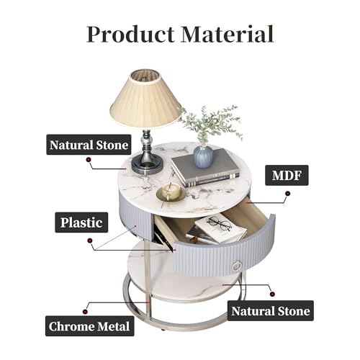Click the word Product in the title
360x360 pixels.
click(130, 35)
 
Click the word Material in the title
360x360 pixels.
click(228, 34)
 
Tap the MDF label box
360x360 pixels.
click(287, 175)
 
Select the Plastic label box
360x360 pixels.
click(81, 222)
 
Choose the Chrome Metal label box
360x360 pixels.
click(89, 326)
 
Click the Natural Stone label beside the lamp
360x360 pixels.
click(89, 145)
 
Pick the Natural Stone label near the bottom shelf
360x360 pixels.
click(271, 311)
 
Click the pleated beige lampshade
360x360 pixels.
click(145, 99)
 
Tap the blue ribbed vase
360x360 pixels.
click(203, 156)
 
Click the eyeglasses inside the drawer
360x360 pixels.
click(219, 222)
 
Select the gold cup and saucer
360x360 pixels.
click(171, 192)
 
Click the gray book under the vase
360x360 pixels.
click(205, 168)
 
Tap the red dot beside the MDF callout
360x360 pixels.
click(287, 194)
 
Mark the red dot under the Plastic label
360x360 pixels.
click(90, 240)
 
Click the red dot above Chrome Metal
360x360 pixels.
click(85, 312)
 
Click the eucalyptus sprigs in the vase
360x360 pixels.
click(210, 125)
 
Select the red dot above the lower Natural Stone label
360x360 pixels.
click(272, 294)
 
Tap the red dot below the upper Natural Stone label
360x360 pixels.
click(89, 159)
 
